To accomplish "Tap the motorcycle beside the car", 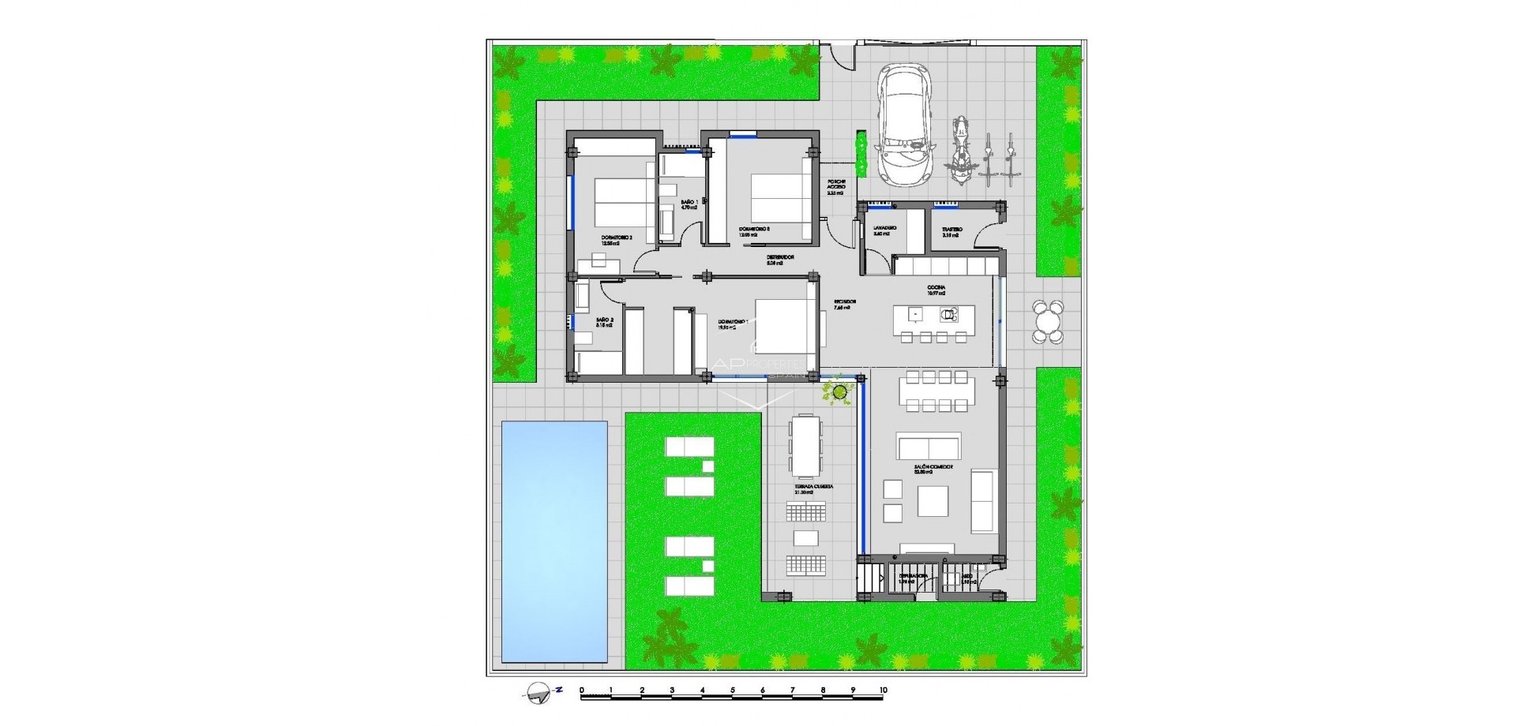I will [959, 152].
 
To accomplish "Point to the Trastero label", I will [951, 230].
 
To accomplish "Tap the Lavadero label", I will [884, 229].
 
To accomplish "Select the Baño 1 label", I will [689, 204].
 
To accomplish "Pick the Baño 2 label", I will [606, 320].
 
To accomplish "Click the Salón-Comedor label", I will [933, 468].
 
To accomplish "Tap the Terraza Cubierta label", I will [814, 488].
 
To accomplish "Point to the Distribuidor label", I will [779, 258].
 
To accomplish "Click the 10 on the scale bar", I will [883, 690].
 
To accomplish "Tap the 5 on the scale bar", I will [733, 690].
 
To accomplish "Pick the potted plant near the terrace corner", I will [839, 391].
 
